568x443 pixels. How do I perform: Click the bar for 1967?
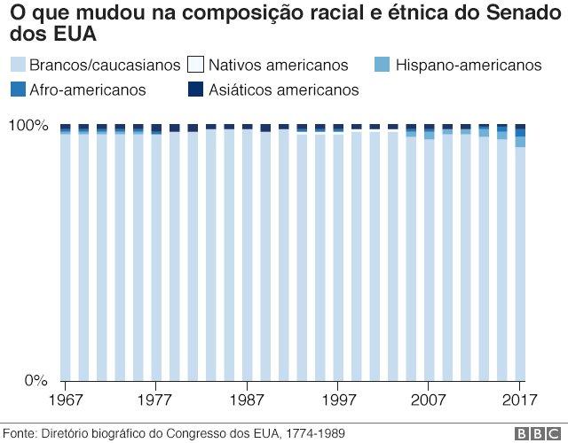click(x=65, y=253)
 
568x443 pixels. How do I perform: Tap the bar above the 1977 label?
click(x=156, y=253)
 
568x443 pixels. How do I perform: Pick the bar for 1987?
click(x=247, y=253)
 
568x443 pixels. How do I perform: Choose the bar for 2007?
click(x=430, y=253)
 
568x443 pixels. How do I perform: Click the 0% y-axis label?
click(x=34, y=380)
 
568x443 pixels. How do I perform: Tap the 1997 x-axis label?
click(x=337, y=399)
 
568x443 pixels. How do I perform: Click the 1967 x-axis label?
click(x=65, y=399)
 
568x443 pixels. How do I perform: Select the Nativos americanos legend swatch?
click(x=196, y=65)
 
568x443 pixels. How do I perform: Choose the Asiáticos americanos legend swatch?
click(x=196, y=89)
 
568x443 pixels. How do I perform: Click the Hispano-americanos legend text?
click(x=468, y=65)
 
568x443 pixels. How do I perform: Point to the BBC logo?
click(x=534, y=432)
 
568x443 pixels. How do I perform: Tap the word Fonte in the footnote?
click(x=20, y=431)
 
